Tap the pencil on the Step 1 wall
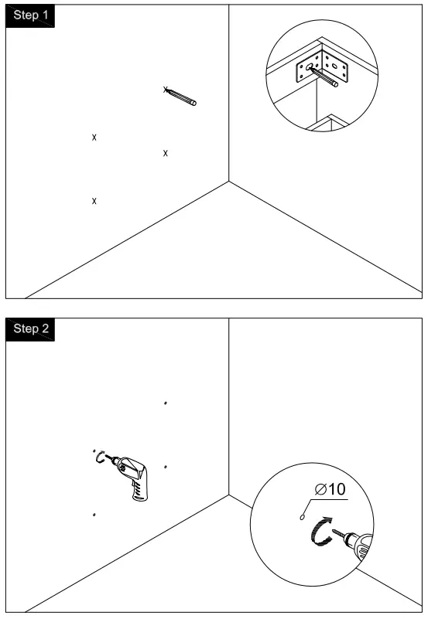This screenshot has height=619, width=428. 182,97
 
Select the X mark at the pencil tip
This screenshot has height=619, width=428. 166,90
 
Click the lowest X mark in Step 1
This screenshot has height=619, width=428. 94,201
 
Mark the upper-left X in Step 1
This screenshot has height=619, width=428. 94,138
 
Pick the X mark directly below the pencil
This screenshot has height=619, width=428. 166,154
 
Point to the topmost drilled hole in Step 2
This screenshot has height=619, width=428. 166,403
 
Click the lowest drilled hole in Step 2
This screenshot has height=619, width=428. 94,514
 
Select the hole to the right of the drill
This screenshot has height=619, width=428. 166,467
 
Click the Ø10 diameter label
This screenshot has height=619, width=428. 330,489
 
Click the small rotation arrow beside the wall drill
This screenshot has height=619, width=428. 99,457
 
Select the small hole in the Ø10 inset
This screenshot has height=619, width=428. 302,516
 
